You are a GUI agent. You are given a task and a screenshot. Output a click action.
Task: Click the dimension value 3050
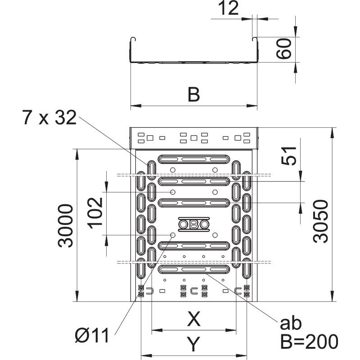[321, 221]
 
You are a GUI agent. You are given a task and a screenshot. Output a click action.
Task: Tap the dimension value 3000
[65, 226]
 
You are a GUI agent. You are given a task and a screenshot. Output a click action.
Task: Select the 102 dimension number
[95, 213]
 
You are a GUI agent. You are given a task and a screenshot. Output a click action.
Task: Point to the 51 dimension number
[289, 156]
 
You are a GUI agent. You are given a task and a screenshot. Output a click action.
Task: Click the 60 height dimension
[284, 49]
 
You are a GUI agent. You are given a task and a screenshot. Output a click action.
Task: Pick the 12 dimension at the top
[228, 8]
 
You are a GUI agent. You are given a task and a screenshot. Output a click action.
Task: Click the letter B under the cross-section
[194, 94]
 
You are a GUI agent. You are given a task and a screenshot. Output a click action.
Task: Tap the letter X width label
[194, 319]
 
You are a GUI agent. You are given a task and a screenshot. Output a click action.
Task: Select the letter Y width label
[193, 344]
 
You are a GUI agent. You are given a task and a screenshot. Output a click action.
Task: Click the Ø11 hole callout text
[92, 335]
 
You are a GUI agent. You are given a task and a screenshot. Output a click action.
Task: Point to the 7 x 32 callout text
[49, 117]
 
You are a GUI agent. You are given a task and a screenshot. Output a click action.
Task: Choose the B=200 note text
[309, 342]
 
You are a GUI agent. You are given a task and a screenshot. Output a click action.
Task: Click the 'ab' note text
[291, 323]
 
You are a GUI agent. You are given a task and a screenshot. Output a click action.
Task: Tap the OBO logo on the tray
[194, 224]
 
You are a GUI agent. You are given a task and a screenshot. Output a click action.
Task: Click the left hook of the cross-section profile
[132, 40]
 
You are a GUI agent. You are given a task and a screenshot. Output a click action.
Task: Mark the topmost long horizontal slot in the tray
[194, 159]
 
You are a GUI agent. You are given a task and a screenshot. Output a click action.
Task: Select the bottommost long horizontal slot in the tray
[194, 269]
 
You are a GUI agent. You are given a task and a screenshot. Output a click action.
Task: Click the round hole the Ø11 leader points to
[173, 235]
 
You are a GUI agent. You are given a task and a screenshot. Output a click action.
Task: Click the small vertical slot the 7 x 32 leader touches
[152, 171]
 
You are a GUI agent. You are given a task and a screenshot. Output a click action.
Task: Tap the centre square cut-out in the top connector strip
[194, 138]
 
